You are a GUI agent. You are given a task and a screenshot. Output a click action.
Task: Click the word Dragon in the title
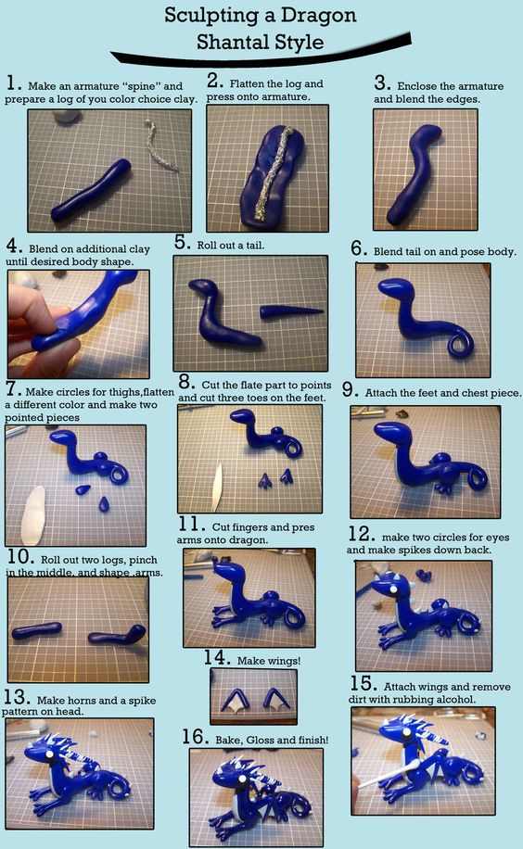pos(317,17)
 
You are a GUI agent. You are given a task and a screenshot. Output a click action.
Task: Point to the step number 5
pos(183,242)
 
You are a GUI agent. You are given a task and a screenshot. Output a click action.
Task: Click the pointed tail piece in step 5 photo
pos(291,311)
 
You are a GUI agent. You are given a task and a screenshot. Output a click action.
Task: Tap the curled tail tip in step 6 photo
pos(462,343)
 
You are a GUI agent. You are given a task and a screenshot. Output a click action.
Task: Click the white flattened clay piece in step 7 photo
pos(32,514)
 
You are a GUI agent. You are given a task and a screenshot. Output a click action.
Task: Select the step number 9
pos(349,390)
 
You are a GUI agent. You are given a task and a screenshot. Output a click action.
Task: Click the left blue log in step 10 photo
pos(36,630)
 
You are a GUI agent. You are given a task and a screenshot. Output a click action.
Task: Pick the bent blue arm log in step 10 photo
pos(118,636)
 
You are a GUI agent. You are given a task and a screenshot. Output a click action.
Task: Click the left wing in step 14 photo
pos(234,699)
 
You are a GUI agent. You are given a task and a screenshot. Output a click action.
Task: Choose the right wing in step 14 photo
pos(275,699)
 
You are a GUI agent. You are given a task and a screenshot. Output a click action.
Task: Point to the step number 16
pos(195,737)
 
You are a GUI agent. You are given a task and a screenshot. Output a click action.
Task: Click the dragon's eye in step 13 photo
pos(47,754)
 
